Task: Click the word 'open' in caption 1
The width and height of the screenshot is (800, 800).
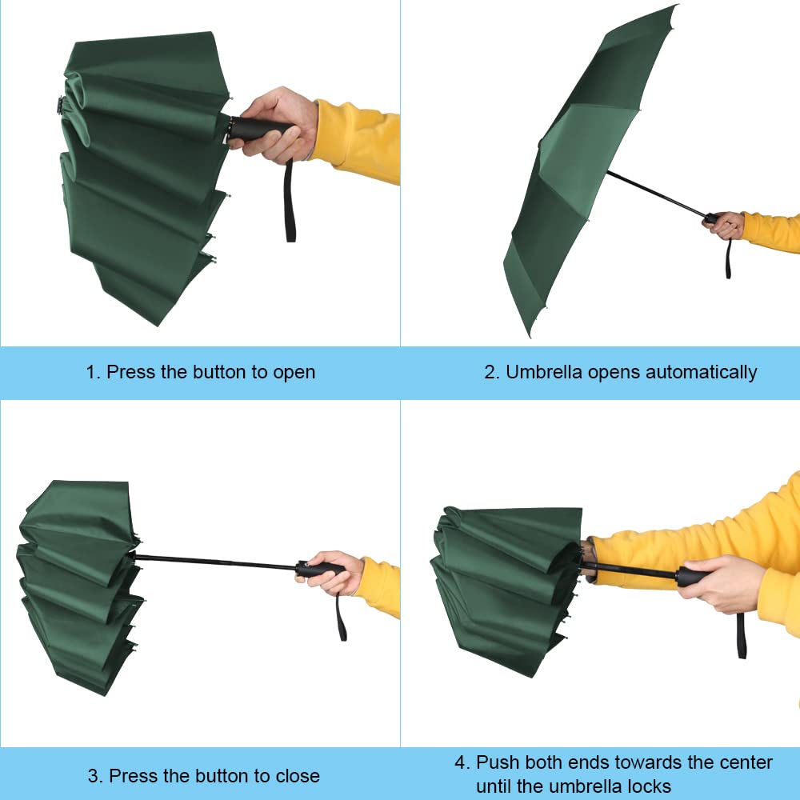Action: tap(294, 372)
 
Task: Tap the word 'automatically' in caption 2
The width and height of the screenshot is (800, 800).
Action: tap(701, 372)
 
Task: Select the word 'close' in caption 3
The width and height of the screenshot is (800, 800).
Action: tap(296, 775)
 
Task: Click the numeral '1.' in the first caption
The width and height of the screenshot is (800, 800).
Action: tap(94, 372)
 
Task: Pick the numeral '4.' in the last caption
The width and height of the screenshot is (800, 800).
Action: tap(462, 762)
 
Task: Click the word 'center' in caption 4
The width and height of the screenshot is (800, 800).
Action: tap(744, 762)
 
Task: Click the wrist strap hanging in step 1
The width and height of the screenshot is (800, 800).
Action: tap(290, 200)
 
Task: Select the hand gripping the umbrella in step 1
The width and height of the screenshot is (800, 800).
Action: tap(276, 124)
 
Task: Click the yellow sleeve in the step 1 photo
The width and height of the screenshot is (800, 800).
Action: tap(356, 140)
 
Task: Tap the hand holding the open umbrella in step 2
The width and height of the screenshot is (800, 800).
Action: tap(726, 225)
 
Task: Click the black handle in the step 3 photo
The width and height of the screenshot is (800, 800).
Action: tap(320, 569)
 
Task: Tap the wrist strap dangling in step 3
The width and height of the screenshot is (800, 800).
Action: tap(342, 616)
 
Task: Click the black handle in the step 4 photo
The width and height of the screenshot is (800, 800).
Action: tap(692, 576)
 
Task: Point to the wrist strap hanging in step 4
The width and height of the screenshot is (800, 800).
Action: tap(741, 636)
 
